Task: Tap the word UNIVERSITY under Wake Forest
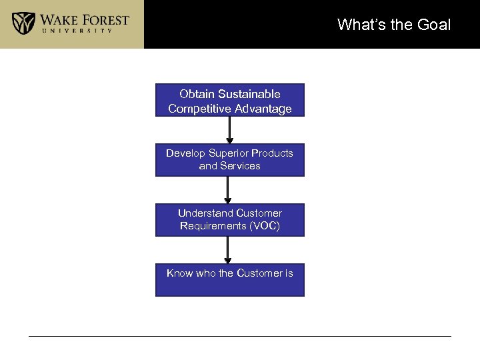tap(84, 31)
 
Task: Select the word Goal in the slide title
tap(434, 25)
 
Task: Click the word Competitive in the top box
tap(197, 109)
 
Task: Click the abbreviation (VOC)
tap(265, 226)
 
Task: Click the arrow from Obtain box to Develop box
tap(229, 130)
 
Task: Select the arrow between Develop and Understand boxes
tap(229, 190)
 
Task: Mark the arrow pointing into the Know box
tap(229, 250)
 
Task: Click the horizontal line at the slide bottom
tap(240, 336)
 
